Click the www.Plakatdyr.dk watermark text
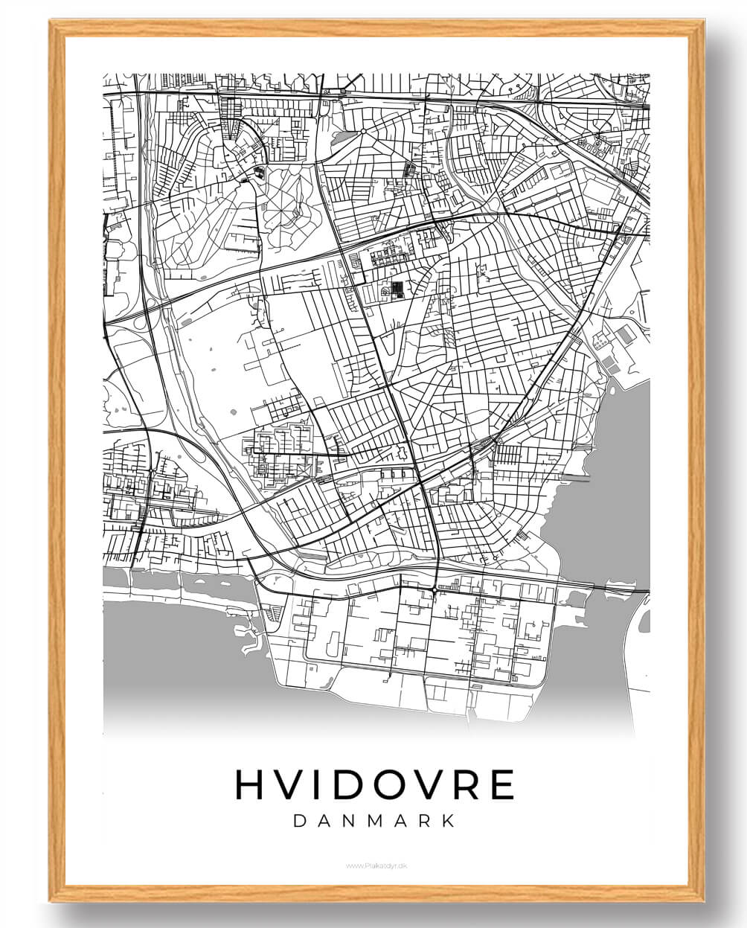tap(374, 865)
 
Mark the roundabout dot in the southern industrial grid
tap(434, 590)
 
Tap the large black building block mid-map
tap(396, 289)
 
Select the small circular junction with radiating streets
tap(363, 132)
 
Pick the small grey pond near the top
tap(339, 138)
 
